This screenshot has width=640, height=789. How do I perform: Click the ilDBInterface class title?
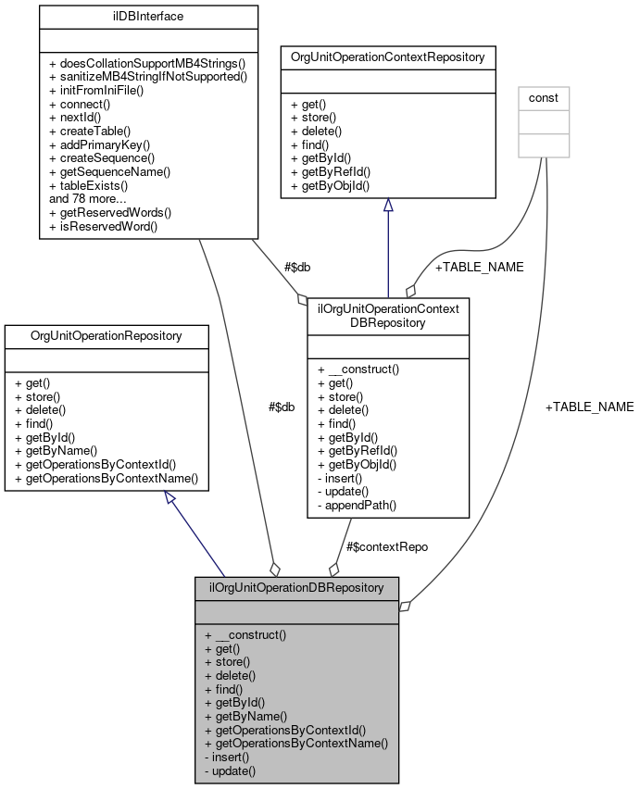click(135, 16)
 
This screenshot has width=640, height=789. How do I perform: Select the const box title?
click(543, 97)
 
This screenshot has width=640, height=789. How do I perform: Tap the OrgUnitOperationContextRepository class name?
click(388, 56)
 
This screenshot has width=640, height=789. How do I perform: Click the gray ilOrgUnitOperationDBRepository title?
click(296, 587)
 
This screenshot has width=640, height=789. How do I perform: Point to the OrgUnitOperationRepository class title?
click(107, 334)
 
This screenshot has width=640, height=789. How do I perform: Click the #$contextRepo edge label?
click(386, 546)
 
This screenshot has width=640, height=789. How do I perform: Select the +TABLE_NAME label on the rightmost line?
click(589, 407)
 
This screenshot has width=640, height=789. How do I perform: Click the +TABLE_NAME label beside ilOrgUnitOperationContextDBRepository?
click(479, 267)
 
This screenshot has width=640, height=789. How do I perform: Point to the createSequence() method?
click(101, 157)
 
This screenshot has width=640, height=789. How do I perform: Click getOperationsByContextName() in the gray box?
click(295, 743)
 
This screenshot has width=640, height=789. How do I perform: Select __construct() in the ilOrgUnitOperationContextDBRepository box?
click(358, 369)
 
